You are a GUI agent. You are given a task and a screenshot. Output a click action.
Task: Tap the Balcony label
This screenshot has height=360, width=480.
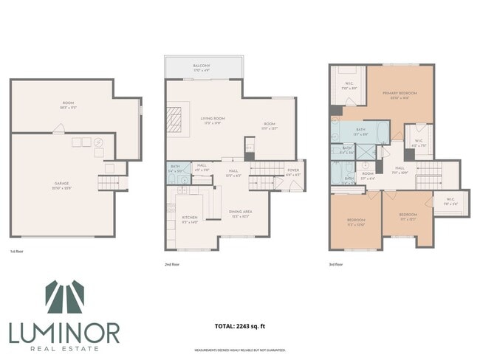click(202, 66)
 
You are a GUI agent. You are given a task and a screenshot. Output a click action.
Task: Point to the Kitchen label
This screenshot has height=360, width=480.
click(190, 218)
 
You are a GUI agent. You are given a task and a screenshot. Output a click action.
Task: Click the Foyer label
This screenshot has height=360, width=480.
click(292, 173)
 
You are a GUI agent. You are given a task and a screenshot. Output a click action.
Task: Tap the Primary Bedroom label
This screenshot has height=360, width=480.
click(400, 94)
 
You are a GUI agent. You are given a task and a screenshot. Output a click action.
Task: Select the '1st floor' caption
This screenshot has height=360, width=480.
click(17, 252)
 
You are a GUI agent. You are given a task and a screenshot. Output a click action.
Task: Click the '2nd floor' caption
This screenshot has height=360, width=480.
click(173, 263)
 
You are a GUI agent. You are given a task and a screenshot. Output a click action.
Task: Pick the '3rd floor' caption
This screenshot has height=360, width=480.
click(337, 263)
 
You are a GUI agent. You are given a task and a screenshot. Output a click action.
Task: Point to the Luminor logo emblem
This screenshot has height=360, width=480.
click(64, 298)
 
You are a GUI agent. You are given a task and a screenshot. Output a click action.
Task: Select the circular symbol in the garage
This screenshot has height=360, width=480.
click(98, 142)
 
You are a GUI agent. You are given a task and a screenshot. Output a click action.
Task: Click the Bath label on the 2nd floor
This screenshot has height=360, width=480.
click(174, 168)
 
